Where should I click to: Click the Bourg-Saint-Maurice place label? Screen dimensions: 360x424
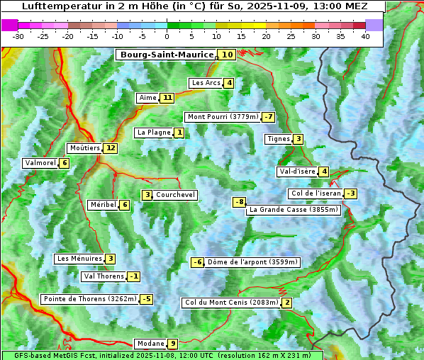(x=167, y=55)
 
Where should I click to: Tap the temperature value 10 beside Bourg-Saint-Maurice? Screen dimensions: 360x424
(x=227, y=55)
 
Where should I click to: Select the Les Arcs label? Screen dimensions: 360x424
(x=206, y=83)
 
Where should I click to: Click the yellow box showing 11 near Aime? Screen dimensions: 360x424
(x=167, y=98)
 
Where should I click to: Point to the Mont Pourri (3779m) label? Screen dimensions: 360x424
(x=222, y=117)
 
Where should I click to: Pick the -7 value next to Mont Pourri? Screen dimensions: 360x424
(x=268, y=117)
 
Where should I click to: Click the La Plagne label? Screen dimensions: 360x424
(x=150, y=133)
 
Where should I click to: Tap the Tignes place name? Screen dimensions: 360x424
(x=278, y=139)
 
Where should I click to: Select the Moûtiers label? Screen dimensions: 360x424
(x=84, y=148)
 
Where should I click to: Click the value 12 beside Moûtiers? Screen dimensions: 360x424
(x=110, y=148)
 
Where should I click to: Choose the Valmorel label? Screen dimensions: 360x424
(x=40, y=163)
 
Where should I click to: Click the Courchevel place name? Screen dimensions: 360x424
(x=175, y=195)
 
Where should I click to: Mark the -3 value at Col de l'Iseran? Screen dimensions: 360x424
(x=350, y=193)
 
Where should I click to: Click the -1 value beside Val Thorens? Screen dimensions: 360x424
(x=134, y=276)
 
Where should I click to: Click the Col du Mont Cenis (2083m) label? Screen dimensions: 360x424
(x=231, y=303)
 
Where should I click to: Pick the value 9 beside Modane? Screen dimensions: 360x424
(x=172, y=344)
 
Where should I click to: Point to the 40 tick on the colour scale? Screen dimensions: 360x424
(x=365, y=36)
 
